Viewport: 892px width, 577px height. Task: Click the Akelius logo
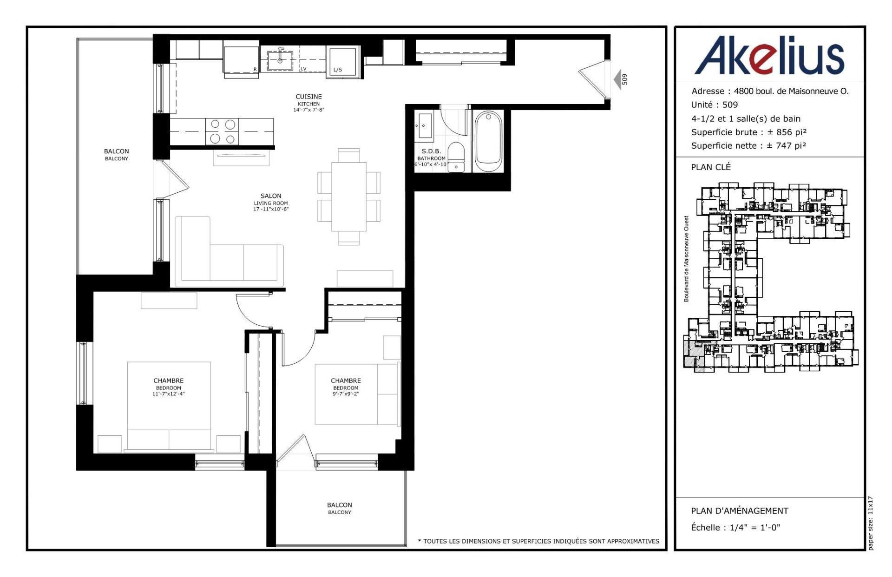pyautogui.click(x=769, y=56)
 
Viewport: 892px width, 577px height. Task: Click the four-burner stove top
pyautogui.click(x=222, y=131)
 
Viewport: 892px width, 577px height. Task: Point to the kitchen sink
pyautogui.click(x=280, y=59)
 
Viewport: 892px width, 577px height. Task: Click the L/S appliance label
pyautogui.click(x=337, y=70)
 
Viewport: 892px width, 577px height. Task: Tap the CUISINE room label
pyautogui.click(x=308, y=97)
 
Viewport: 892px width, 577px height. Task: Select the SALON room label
pyautogui.click(x=270, y=196)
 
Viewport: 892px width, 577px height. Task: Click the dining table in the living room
pyautogui.click(x=348, y=196)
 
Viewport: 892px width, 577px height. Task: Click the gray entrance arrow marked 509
pyautogui.click(x=618, y=80)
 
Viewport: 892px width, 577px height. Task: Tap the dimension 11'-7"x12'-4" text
pyautogui.click(x=169, y=394)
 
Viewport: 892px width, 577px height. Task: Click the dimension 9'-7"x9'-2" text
pyautogui.click(x=346, y=394)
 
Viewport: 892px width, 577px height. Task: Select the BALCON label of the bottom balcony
pyautogui.click(x=339, y=505)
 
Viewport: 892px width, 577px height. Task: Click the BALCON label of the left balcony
pyautogui.click(x=116, y=151)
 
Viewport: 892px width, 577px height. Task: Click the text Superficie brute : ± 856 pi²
pyautogui.click(x=748, y=132)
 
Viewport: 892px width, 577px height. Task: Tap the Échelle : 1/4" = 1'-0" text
pyautogui.click(x=735, y=527)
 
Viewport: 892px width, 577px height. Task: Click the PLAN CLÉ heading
pyautogui.click(x=710, y=167)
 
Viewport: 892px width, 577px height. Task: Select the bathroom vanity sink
pyautogui.click(x=424, y=126)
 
